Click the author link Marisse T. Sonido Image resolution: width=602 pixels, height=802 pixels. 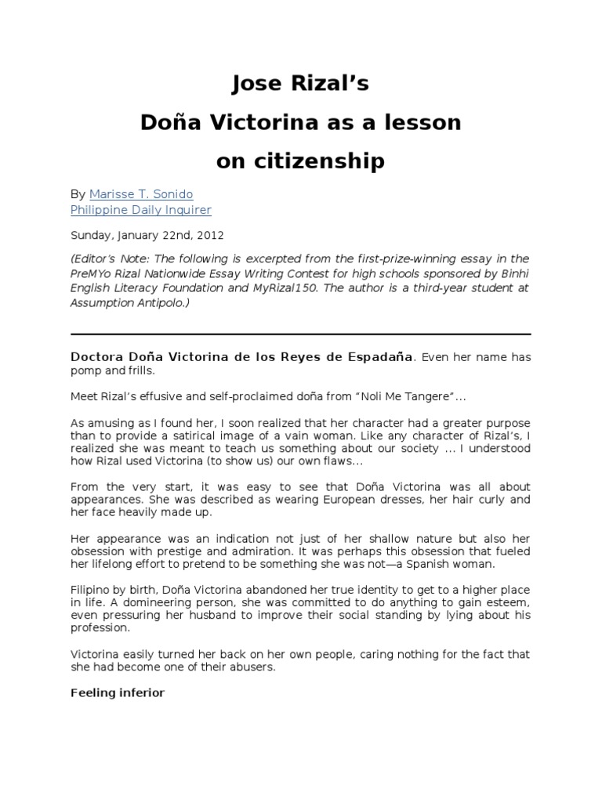click(141, 193)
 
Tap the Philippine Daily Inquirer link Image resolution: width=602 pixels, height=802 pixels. click(141, 210)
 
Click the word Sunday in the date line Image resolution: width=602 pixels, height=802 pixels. click(91, 234)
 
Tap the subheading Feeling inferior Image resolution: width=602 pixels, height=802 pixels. click(118, 692)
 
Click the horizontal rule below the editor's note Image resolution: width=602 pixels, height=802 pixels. click(301, 334)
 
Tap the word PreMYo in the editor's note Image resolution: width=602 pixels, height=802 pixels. click(90, 273)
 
